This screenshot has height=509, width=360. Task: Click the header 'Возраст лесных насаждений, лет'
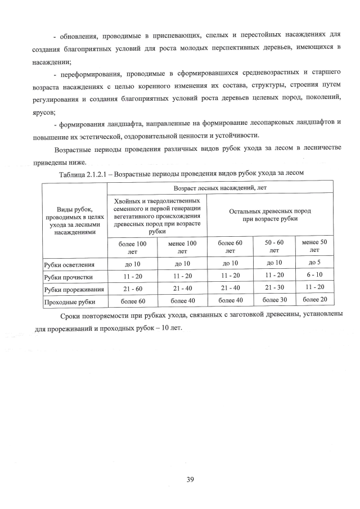pyautogui.click(x=220, y=186)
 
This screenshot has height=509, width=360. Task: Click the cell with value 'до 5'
pyautogui.click(x=314, y=262)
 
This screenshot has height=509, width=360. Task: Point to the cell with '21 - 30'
pyautogui.click(x=275, y=288)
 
